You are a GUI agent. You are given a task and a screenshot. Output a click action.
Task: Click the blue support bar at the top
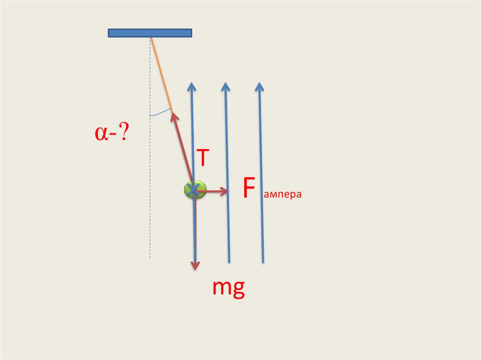click(x=150, y=33)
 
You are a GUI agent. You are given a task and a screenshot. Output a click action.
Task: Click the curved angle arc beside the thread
click(x=160, y=113)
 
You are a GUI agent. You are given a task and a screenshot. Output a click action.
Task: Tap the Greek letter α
click(x=101, y=134)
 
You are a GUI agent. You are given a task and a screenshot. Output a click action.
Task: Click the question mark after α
click(x=124, y=134)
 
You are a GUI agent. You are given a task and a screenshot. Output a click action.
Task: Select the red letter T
click(x=202, y=158)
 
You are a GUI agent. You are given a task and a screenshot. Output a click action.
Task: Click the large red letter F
click(x=249, y=189)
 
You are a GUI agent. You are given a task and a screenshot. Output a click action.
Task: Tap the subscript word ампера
click(x=282, y=195)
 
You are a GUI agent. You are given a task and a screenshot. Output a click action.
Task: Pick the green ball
click(x=195, y=190)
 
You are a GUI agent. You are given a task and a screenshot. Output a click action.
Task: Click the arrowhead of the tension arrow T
click(x=173, y=115)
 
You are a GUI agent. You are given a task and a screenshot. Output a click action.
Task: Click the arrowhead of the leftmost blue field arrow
click(x=191, y=86)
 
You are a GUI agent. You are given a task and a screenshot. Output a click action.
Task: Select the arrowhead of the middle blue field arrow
click(x=225, y=86)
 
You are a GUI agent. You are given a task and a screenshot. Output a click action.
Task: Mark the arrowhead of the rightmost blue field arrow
click(x=259, y=86)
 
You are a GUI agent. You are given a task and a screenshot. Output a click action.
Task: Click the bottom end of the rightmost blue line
click(x=263, y=261)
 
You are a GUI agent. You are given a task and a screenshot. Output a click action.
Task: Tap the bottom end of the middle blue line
click(x=229, y=261)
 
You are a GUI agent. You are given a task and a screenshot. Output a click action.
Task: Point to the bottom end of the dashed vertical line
click(x=150, y=257)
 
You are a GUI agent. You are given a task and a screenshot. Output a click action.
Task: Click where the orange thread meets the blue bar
click(x=150, y=38)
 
